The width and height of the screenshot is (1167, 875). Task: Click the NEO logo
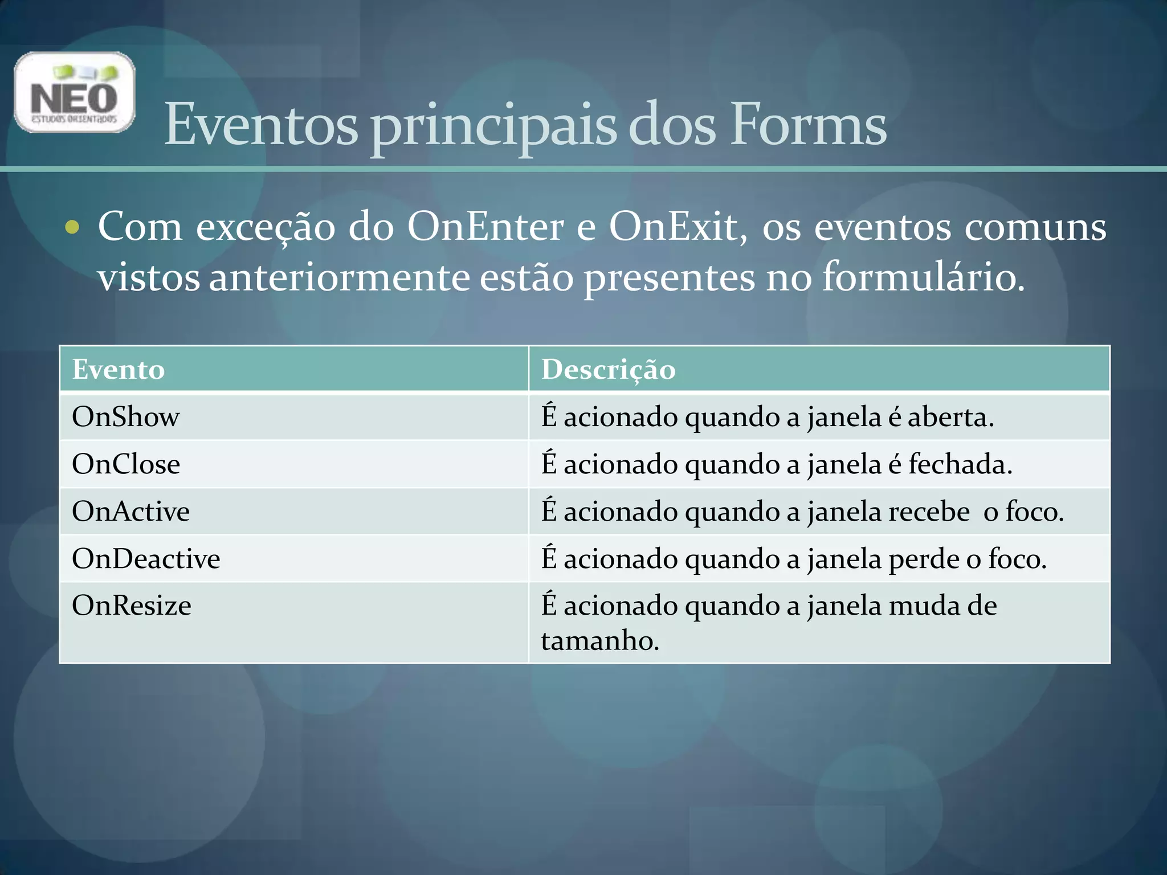(74, 92)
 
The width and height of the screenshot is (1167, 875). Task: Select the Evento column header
(119, 369)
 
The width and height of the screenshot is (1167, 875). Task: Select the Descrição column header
(608, 369)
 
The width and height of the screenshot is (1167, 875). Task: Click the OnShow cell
(125, 417)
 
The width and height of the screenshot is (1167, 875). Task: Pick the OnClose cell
(126, 464)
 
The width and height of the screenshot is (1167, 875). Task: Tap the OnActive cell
(130, 512)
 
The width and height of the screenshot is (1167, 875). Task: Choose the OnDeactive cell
(146, 559)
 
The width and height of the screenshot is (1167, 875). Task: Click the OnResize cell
(132, 606)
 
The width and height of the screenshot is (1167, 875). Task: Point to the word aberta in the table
(950, 417)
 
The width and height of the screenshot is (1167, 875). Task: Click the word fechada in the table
(960, 464)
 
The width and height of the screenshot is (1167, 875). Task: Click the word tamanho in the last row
(599, 641)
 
